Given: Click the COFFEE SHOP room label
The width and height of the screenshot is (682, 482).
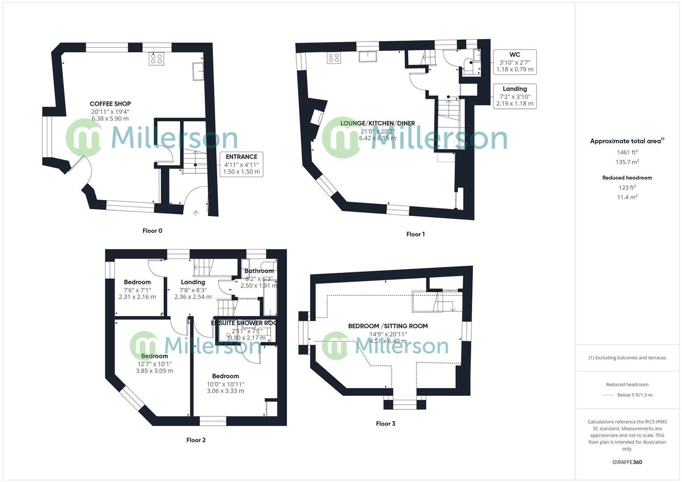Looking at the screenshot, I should pos(110,104).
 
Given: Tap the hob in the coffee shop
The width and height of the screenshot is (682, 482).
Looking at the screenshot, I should pos(156,58).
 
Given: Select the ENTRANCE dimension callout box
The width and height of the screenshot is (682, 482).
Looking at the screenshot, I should pos(241,164).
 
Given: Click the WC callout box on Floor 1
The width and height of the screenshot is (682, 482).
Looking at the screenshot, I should pos(515,62).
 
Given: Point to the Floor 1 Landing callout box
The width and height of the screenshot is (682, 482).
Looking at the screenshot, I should pos(515,96).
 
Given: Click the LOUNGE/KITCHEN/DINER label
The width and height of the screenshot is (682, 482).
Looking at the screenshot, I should pos(377,123).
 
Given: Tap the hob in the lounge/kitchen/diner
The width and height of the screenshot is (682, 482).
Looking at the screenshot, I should pos(334,58).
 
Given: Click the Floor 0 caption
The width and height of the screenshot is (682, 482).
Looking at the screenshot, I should pos(152,231).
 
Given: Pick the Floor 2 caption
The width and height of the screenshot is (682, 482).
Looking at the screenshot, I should pos(196,440).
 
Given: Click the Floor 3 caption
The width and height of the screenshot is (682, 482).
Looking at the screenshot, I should pos(385,424).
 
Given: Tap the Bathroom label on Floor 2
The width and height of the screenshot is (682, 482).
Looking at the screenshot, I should pos(259,271).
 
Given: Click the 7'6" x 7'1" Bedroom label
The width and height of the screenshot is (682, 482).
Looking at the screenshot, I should pos(137,282).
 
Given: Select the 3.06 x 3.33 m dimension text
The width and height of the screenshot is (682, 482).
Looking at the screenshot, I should pos(225,391).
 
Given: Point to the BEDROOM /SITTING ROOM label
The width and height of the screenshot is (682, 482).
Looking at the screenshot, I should pos(388,326).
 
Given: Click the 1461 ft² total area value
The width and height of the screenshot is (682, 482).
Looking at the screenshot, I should pos(627,152).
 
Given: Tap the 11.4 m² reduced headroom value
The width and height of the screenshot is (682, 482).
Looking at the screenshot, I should pos(627,197).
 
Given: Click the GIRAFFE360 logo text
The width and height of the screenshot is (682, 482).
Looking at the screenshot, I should pos(627,462).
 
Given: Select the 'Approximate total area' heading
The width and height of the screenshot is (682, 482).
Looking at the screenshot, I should pos(625,141).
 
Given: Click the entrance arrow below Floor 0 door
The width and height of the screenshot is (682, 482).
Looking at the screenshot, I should pos(195,213).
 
